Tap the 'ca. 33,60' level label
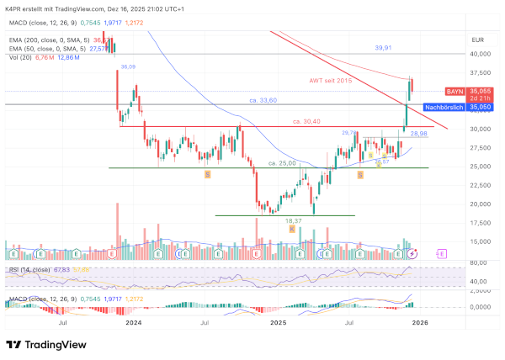coord(263,100)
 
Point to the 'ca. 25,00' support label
coord(283,162)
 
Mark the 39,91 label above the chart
coord(385,48)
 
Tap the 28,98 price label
coord(418,134)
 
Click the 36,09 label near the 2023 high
coord(128,66)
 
